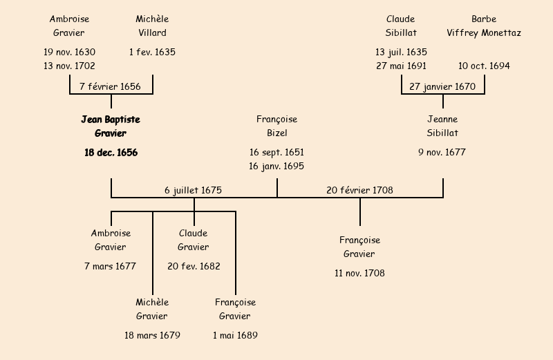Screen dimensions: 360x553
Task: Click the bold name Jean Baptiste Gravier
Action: (x=111, y=126)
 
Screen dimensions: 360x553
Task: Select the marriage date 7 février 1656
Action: (x=111, y=86)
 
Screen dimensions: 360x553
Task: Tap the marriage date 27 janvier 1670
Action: (x=442, y=86)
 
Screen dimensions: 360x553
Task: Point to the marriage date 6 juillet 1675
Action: (x=193, y=190)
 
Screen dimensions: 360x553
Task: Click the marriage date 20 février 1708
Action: (x=359, y=190)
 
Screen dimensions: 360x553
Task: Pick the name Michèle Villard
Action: (x=152, y=26)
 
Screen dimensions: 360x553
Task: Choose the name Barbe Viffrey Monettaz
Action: (x=484, y=26)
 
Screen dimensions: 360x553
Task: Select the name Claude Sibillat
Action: (x=401, y=26)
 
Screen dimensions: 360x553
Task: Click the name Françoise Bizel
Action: (x=276, y=126)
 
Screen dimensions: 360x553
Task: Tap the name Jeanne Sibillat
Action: (x=442, y=126)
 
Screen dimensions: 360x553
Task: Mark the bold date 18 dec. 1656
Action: (x=111, y=153)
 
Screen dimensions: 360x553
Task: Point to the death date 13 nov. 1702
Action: (x=69, y=66)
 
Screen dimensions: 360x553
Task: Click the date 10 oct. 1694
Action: (x=484, y=66)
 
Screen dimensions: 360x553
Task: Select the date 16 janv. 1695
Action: (x=276, y=166)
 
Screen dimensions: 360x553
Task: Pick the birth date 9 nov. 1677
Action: (x=442, y=153)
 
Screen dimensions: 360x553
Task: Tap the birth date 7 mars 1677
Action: (x=111, y=266)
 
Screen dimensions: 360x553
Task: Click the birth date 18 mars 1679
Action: (x=152, y=335)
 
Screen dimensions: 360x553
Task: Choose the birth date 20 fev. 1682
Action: (x=194, y=266)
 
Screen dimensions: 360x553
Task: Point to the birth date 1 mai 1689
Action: (x=235, y=335)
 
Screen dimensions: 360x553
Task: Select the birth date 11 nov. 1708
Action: (x=359, y=273)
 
